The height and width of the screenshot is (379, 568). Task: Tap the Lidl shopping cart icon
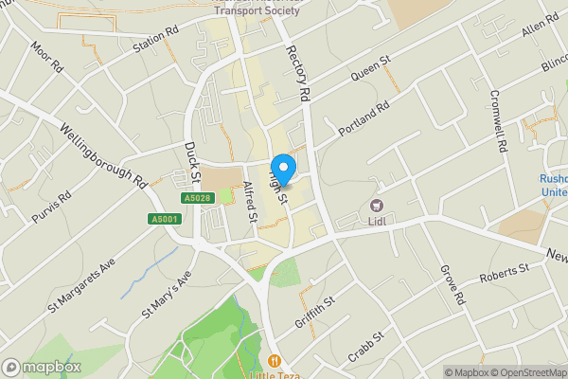[376, 207]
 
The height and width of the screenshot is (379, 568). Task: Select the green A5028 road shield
[196, 198]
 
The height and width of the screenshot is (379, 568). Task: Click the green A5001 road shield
[164, 220]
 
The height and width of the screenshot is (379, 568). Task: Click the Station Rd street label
[156, 45]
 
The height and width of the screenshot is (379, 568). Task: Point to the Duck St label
[193, 163]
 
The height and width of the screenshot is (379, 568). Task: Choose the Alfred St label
[251, 201]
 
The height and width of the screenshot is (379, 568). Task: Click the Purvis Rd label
[51, 208]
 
